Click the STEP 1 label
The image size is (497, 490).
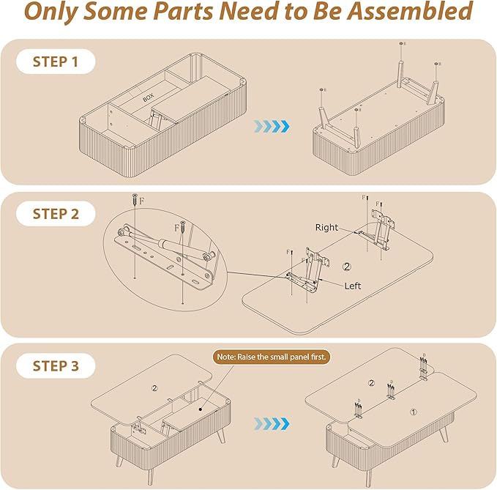pyautogui.click(x=56, y=62)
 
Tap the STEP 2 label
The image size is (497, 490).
pyautogui.click(x=56, y=214)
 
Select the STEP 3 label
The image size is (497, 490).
pyautogui.click(x=56, y=365)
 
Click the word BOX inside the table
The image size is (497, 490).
pyautogui.click(x=149, y=97)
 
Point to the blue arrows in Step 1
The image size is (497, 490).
pyautogui.click(x=272, y=126)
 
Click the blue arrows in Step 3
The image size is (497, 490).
pyautogui.click(x=272, y=424)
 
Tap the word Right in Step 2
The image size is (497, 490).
pyautogui.click(x=326, y=227)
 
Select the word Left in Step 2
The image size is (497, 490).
pyautogui.click(x=353, y=286)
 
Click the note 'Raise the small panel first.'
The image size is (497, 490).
pyautogui.click(x=272, y=357)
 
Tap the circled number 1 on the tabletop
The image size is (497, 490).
pyautogui.click(x=414, y=412)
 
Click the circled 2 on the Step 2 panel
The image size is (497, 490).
pyautogui.click(x=347, y=267)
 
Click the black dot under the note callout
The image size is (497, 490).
pyautogui.click(x=201, y=409)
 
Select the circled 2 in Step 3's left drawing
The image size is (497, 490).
pyautogui.click(x=154, y=388)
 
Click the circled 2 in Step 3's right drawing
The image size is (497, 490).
pyautogui.click(x=372, y=383)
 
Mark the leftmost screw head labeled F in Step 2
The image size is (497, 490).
pyautogui.click(x=135, y=198)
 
